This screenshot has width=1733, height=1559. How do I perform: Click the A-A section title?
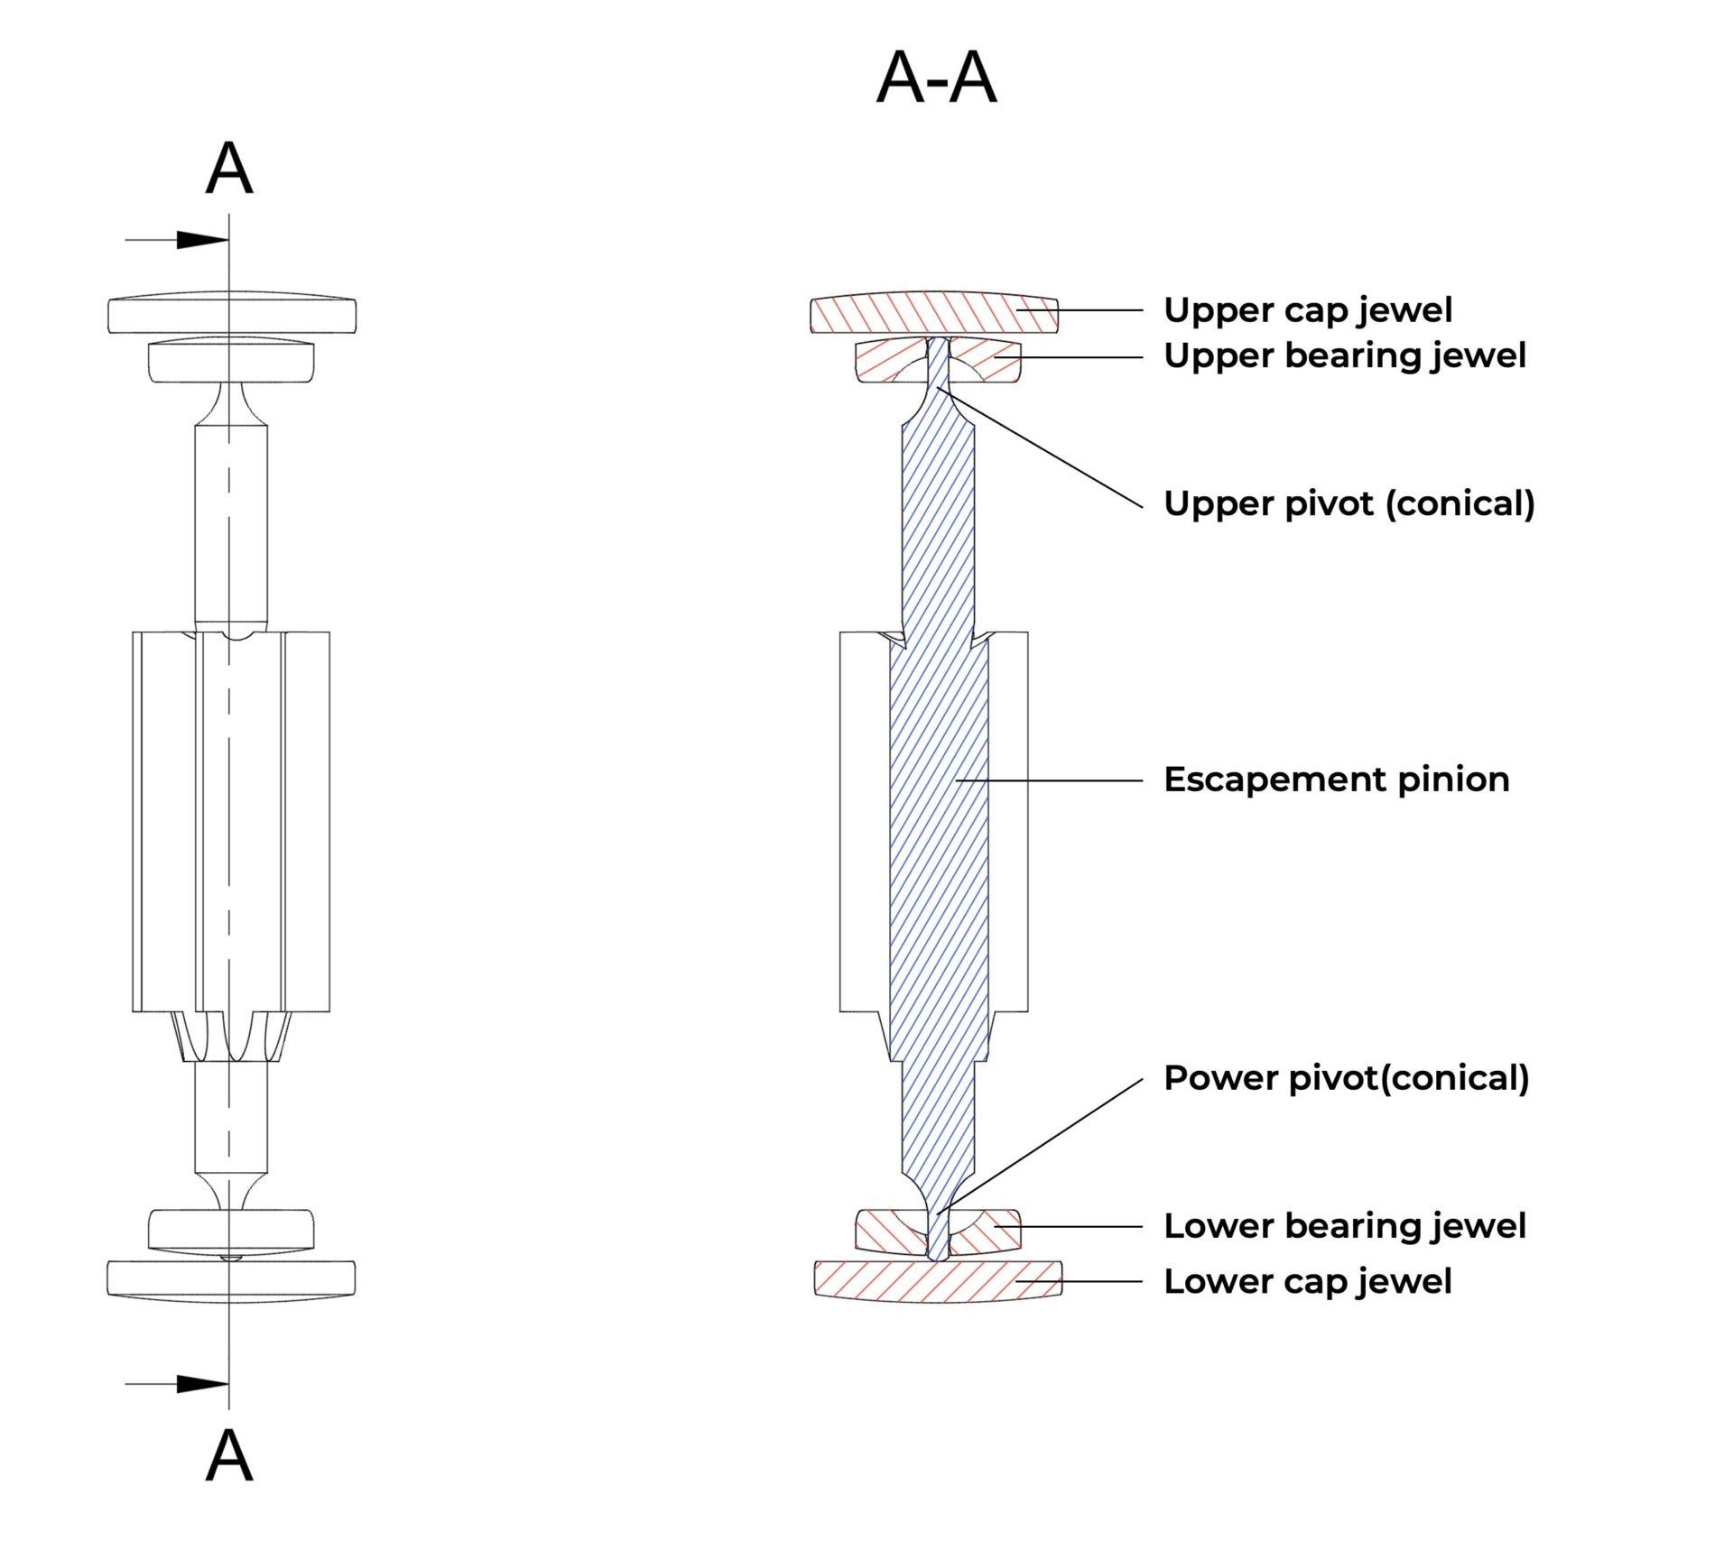(936, 78)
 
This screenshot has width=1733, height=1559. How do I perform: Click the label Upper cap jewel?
(1307, 310)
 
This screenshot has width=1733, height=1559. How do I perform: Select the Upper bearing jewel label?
(1344, 356)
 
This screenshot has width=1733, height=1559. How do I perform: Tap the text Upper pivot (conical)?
(1348, 503)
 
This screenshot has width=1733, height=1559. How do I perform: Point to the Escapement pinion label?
(1336, 779)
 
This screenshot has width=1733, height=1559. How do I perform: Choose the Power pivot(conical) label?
(1346, 1078)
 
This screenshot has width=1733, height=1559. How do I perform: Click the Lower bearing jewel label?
(1344, 1226)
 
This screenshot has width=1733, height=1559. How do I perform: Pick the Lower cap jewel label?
(1307, 1281)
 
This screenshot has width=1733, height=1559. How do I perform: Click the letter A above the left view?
(229, 169)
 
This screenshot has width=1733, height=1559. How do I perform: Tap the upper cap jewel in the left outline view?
(162, 315)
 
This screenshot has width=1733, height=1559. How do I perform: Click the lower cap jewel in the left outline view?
(162, 1278)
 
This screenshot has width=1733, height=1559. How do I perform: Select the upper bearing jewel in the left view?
(181, 361)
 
